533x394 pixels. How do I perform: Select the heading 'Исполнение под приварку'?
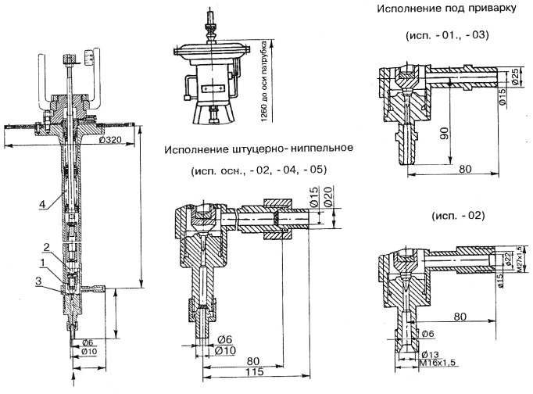(x=442, y=11)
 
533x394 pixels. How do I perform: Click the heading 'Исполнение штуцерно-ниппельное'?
(x=259, y=149)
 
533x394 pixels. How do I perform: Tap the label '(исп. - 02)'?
(x=443, y=215)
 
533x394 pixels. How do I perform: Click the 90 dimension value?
(x=444, y=134)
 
